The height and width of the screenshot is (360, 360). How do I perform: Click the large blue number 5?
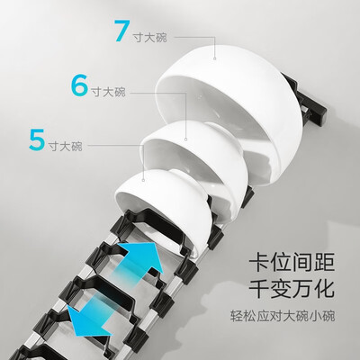37,139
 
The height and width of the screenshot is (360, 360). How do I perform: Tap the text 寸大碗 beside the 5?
66,145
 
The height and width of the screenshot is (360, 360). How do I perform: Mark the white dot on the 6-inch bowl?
185,139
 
